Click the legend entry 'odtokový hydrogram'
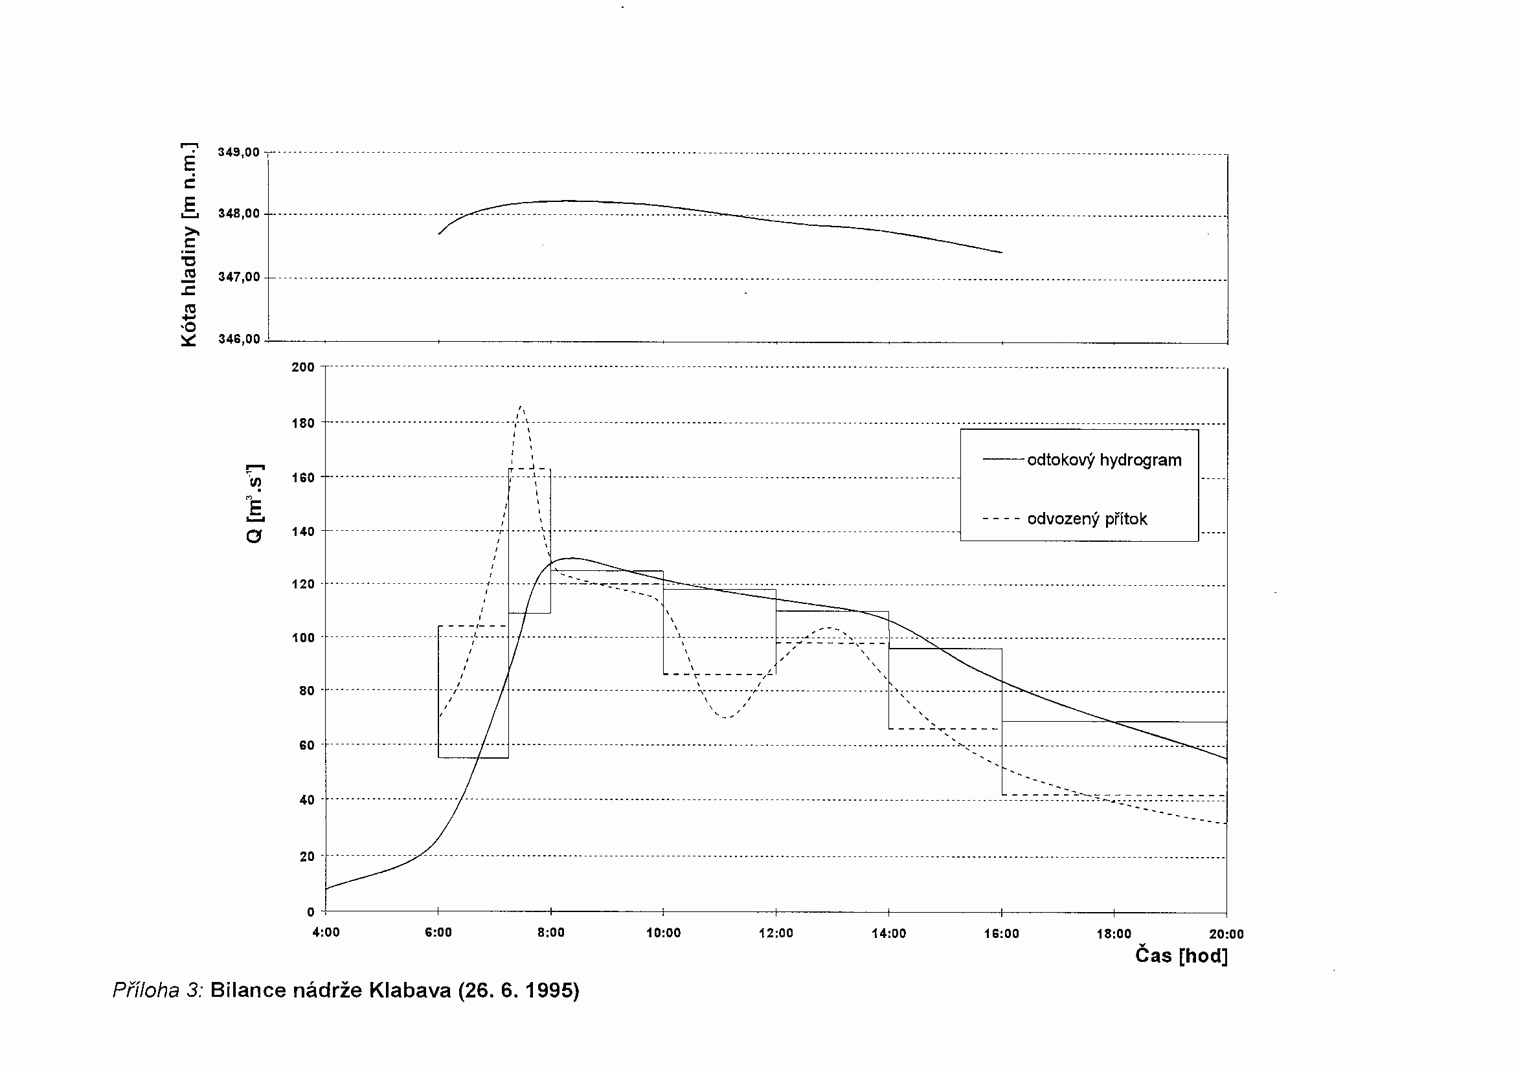[x=1104, y=460]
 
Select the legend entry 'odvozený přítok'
[x=1087, y=519]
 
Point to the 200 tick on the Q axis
[x=303, y=367]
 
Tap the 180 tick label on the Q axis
[x=303, y=423]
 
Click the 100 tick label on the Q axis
[x=303, y=638]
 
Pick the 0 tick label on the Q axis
[x=310, y=912]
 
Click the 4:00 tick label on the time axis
[x=326, y=933]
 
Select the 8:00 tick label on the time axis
[x=550, y=933]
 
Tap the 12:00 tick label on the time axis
[x=776, y=933]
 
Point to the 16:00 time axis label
[x=1001, y=933]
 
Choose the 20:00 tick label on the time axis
[x=1226, y=934]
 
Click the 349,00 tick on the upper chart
[x=239, y=152]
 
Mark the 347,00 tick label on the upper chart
[x=239, y=277]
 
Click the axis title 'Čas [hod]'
[x=1181, y=956]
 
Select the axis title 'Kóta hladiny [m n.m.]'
[x=188, y=244]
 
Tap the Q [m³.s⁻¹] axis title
[x=254, y=503]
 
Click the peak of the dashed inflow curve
[x=521, y=407]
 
